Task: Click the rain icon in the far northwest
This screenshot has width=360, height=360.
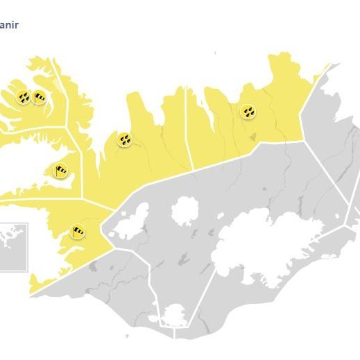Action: (x=23, y=97)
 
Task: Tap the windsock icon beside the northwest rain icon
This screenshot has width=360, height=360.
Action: (x=39, y=97)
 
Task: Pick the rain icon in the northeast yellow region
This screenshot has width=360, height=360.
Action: (x=248, y=111)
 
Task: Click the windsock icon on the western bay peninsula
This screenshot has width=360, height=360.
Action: (x=61, y=169)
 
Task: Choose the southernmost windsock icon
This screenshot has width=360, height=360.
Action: (x=78, y=230)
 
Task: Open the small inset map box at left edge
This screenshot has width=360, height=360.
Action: (x=12, y=246)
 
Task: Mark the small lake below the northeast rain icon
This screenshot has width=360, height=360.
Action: (x=252, y=136)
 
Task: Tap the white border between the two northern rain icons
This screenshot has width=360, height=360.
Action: (x=186, y=125)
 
